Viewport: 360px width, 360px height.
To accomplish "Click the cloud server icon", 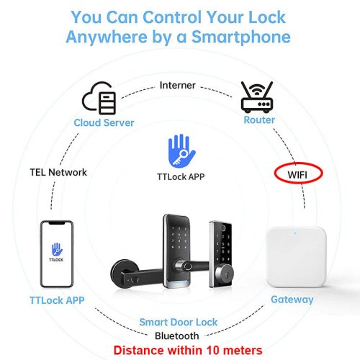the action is click(x=99, y=98).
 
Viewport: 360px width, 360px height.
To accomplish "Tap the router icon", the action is click(x=257, y=97).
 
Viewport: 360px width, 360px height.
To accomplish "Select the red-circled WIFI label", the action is click(x=298, y=174).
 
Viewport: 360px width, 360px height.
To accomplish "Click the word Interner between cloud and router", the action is click(x=178, y=85).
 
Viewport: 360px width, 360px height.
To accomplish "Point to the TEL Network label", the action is click(x=58, y=172).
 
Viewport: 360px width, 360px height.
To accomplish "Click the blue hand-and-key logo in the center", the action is click(x=181, y=150).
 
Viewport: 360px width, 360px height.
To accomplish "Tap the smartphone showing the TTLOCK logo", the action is click(x=57, y=254).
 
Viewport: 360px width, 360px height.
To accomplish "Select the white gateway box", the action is click(x=296, y=257).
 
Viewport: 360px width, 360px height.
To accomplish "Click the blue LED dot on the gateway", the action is click(x=295, y=233).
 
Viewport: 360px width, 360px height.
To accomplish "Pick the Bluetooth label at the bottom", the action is click(x=177, y=336).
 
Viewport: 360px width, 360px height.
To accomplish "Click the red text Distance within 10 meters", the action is click(x=188, y=350).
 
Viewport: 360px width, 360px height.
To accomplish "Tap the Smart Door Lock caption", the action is click(x=179, y=322).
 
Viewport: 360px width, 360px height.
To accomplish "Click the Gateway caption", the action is click(x=292, y=300).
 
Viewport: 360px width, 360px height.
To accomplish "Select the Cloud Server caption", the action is click(x=104, y=122).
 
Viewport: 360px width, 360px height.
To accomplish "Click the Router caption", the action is click(x=259, y=120).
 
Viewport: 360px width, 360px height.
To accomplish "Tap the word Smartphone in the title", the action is click(x=241, y=37).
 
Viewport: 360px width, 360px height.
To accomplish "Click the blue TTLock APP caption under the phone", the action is click(x=57, y=300).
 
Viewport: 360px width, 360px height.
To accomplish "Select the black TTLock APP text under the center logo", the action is click(x=181, y=177).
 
